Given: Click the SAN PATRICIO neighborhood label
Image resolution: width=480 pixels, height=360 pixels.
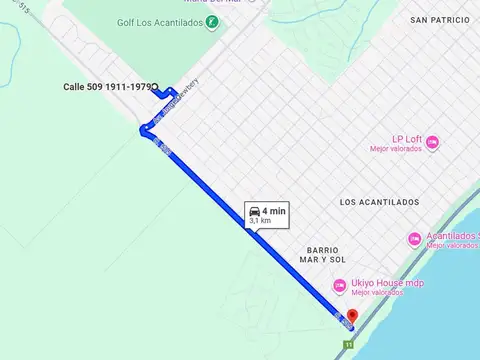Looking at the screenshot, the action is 438,20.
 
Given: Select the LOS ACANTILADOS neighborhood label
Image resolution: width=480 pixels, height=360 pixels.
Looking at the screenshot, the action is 379,202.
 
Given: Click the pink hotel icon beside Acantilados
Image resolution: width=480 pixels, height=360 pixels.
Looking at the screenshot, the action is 414,239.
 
